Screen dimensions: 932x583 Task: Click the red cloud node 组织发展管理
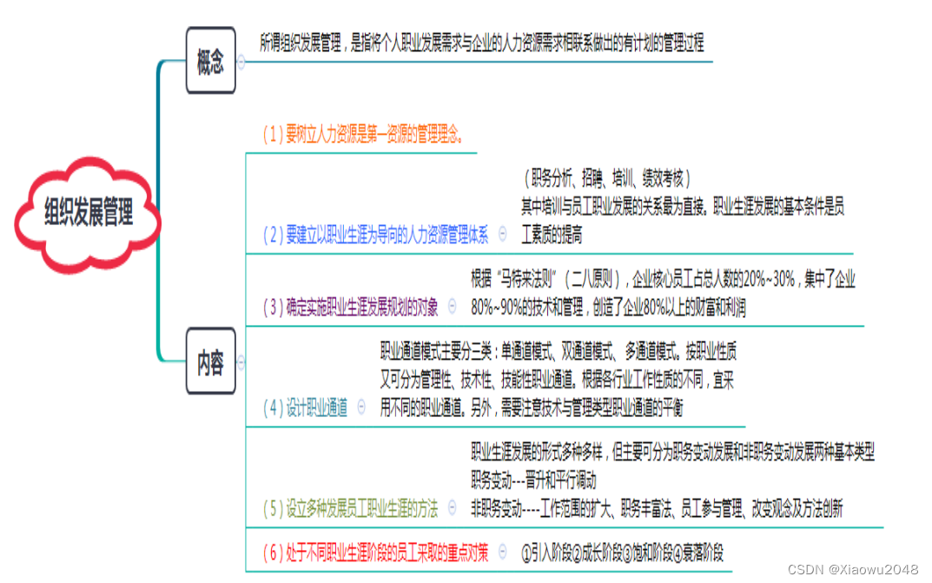89,212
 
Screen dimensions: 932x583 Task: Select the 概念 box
210,62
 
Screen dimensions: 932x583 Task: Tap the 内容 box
210,361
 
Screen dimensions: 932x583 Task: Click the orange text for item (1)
363,135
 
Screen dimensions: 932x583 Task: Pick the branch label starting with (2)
376,235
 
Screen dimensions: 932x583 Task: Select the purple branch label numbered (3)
351,307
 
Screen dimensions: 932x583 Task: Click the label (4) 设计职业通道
305,407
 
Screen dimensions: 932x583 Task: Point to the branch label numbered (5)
351,507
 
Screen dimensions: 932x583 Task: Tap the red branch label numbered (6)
376,552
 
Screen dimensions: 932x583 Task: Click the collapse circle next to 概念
241,62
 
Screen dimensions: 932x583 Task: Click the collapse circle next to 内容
241,361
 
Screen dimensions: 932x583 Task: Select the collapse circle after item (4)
362,407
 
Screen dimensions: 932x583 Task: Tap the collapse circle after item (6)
503,552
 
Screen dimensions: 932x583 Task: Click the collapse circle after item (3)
453,307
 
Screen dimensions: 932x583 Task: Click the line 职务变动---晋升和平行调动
533,480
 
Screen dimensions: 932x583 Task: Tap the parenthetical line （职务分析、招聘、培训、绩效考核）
607,179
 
